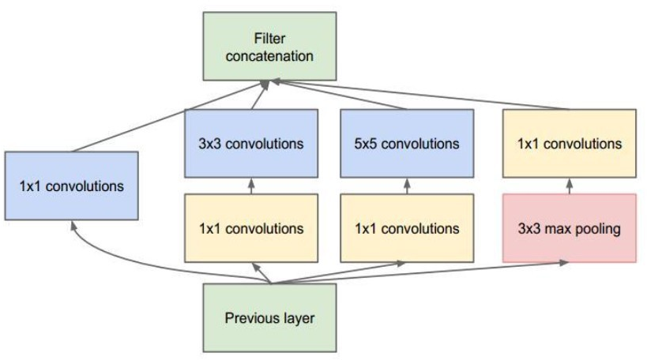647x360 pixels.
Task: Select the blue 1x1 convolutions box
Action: tap(71, 186)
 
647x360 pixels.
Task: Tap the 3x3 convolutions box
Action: tap(250, 144)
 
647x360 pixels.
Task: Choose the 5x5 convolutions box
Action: tap(407, 144)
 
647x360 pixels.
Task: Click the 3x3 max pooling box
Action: tap(569, 229)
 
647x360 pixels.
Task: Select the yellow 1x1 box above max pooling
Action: tap(569, 144)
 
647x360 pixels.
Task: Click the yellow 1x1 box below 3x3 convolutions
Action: tap(250, 229)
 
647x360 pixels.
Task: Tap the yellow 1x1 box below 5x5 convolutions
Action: tap(407, 229)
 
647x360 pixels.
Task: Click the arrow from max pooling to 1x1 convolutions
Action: tap(569, 186)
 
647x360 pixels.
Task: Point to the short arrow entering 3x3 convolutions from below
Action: tap(250, 186)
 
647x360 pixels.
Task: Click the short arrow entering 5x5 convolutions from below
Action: tap(407, 186)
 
